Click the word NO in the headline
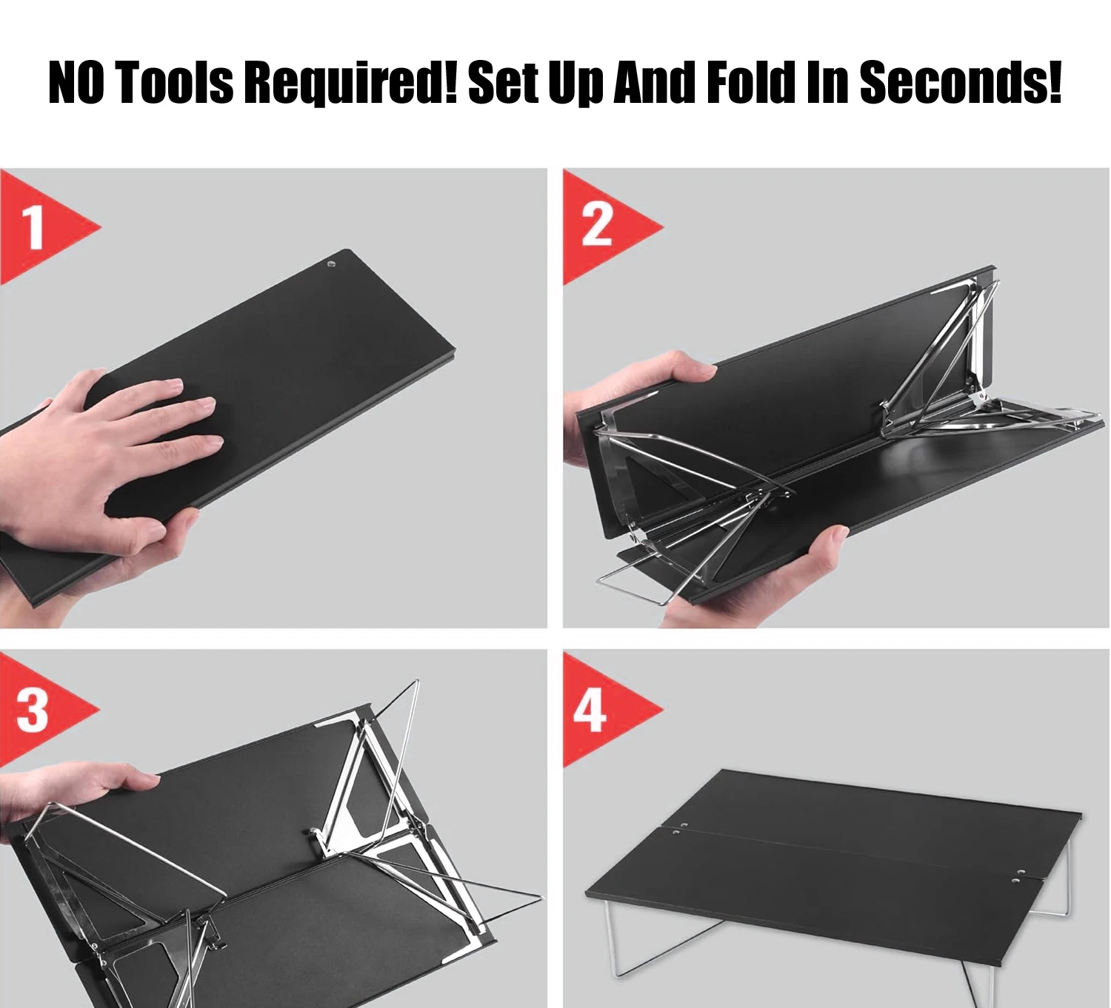tap(76, 83)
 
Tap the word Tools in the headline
tap(175, 83)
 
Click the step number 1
tap(34, 227)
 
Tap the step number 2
tap(596, 224)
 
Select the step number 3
tap(32, 710)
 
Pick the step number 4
tap(591, 710)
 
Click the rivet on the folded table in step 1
tap(331, 265)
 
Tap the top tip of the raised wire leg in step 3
tap(416, 681)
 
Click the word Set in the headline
tap(504, 83)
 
